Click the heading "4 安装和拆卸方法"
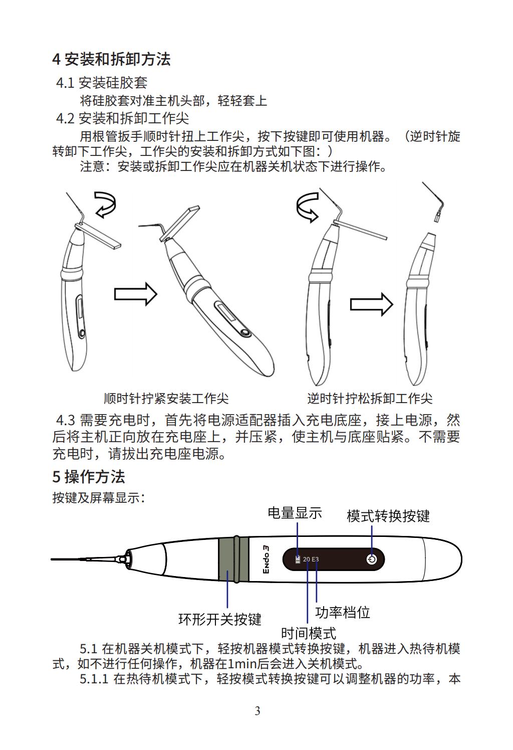(x=111, y=60)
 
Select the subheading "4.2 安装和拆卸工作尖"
(x=122, y=118)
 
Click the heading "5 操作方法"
(x=89, y=477)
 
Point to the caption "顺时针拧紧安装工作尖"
(x=166, y=399)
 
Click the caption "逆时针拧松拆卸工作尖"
(x=370, y=399)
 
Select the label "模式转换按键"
(x=388, y=516)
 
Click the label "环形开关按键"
(x=220, y=620)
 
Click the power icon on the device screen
(x=372, y=559)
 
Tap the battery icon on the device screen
(x=298, y=559)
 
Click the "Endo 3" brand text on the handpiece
(x=266, y=559)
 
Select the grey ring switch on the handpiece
(x=234, y=559)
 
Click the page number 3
(x=258, y=711)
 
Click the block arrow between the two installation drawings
(x=136, y=294)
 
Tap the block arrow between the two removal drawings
(x=371, y=304)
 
